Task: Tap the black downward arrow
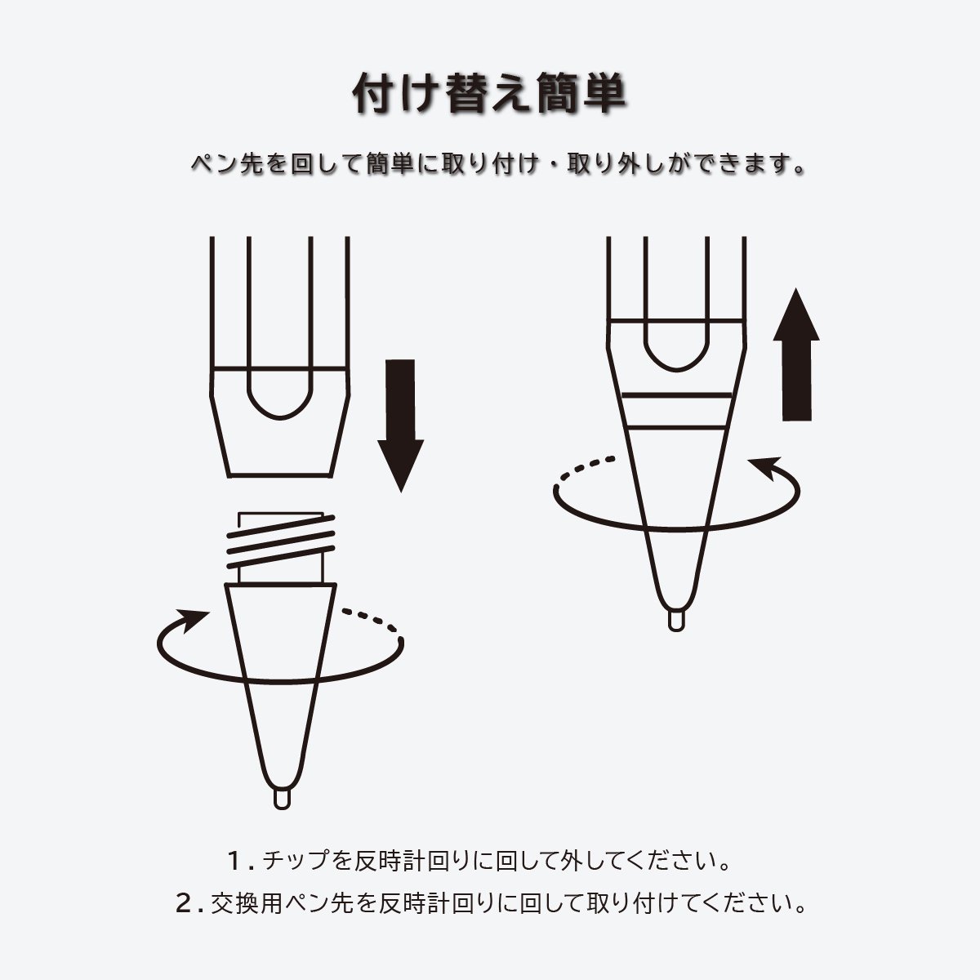tap(400, 425)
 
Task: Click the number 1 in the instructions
tap(236, 861)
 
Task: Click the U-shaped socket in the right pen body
tap(677, 347)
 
